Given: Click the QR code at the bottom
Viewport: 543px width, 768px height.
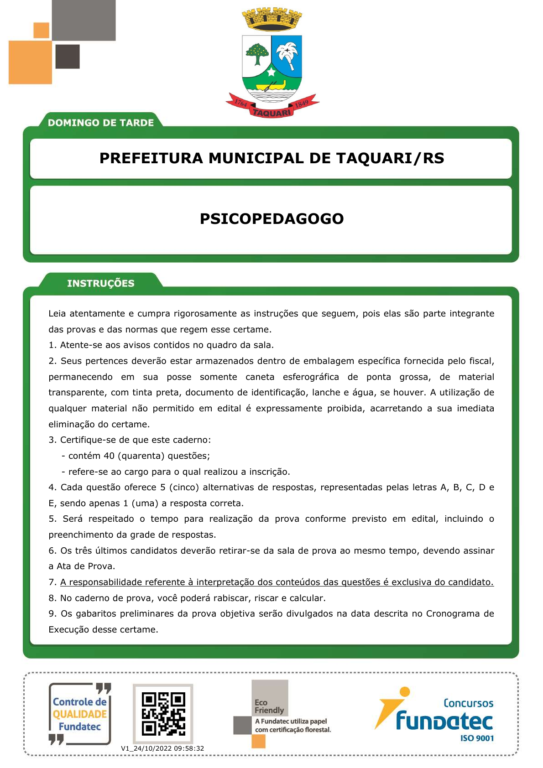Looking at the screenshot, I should pyautogui.click(x=163, y=714).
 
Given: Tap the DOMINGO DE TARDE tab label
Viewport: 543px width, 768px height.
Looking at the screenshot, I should pyautogui.click(x=100, y=123).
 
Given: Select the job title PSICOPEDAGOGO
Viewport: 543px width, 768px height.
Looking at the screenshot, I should pyautogui.click(x=271, y=219).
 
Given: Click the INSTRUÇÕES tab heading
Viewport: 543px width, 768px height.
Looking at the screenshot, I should pyautogui.click(x=100, y=283).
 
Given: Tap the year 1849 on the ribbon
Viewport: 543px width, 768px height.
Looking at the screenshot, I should pyautogui.click(x=302, y=103).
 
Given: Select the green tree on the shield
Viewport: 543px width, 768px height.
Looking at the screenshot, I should pyautogui.click(x=257, y=54).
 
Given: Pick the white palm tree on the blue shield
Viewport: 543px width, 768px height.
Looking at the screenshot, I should pyautogui.click(x=287, y=54).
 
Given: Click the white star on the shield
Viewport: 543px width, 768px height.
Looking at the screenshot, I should pyautogui.click(x=271, y=72).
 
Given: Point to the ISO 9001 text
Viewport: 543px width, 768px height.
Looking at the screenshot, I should pyautogui.click(x=477, y=738).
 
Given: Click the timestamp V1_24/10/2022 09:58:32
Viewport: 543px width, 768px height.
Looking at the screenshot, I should pyautogui.click(x=162, y=748).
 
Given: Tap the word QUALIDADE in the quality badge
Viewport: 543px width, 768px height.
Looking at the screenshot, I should pyautogui.click(x=80, y=714).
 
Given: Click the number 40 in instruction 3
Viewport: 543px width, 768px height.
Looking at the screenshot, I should pyautogui.click(x=109, y=456).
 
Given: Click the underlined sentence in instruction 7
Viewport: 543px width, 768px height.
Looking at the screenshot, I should pyautogui.click(x=277, y=582).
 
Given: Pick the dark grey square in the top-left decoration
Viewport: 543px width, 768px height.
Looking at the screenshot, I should pyautogui.click(x=68, y=56).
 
